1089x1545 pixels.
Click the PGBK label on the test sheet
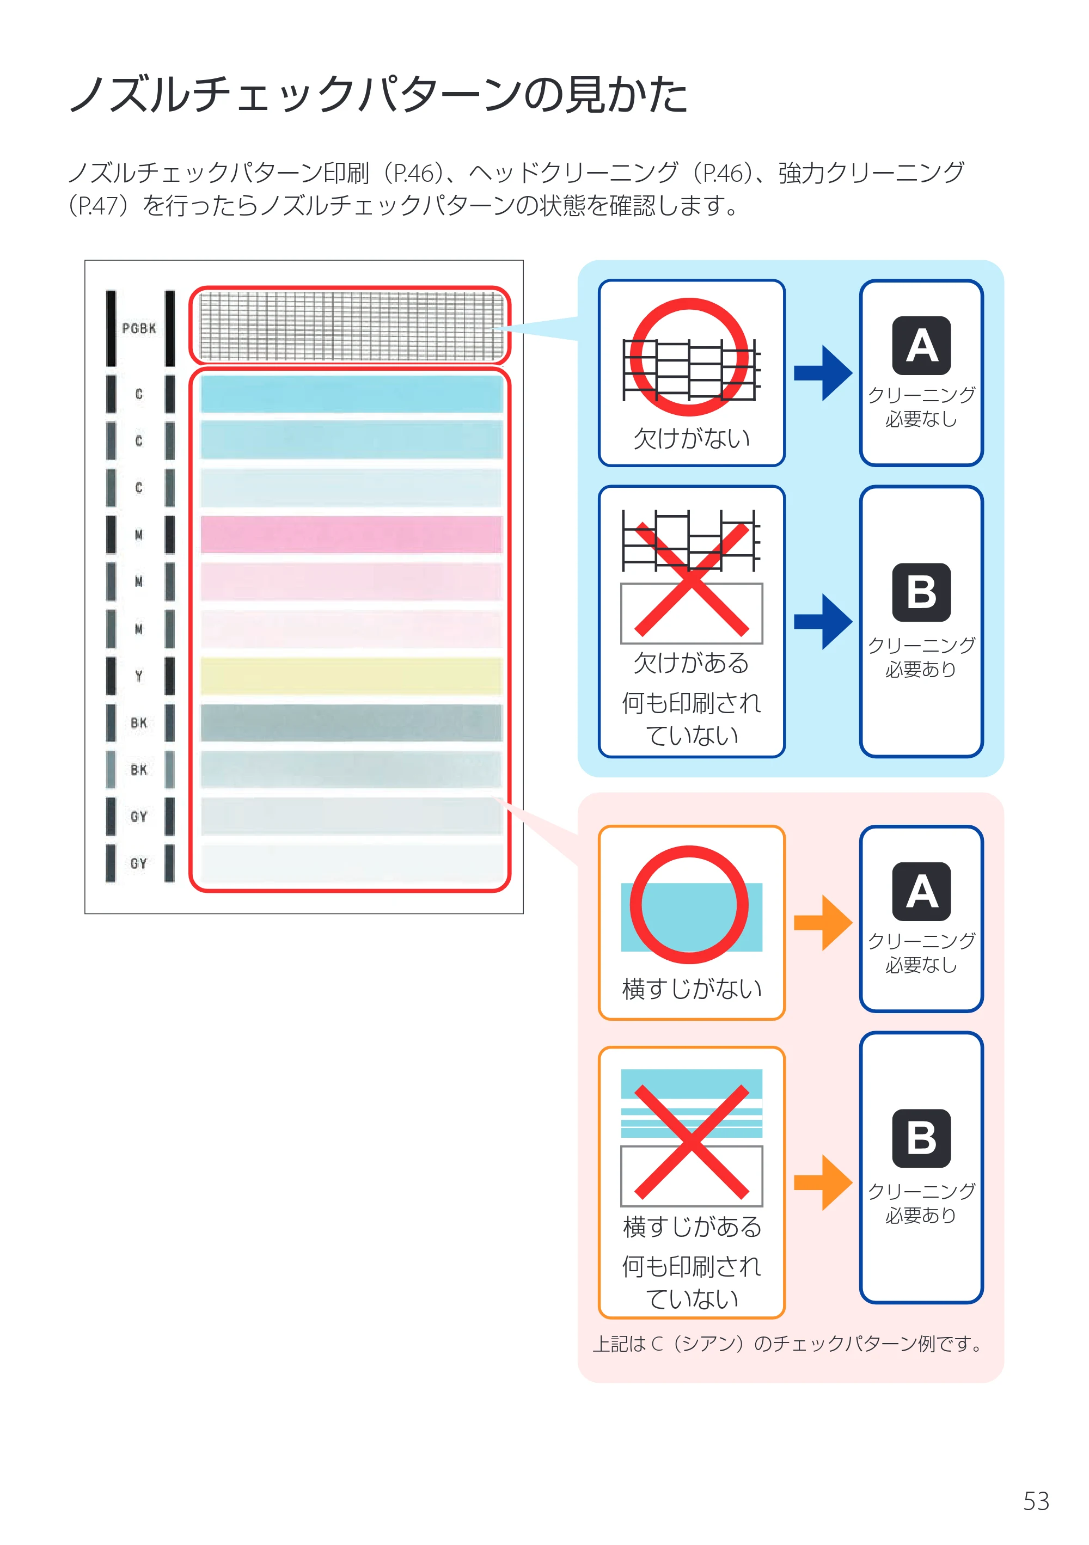[139, 328]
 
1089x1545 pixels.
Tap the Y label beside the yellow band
[139, 676]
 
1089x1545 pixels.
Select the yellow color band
[351, 676]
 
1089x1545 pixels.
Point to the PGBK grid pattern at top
[351, 326]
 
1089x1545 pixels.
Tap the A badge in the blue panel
[921, 345]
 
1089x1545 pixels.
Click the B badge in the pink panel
[921, 1138]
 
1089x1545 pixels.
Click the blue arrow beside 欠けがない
[823, 373]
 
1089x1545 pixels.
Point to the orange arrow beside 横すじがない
[823, 923]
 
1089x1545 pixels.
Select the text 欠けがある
[691, 663]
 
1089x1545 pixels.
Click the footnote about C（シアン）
[787, 1344]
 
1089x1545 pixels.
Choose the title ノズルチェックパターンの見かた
[378, 94]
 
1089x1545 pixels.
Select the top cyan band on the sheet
[351, 394]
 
